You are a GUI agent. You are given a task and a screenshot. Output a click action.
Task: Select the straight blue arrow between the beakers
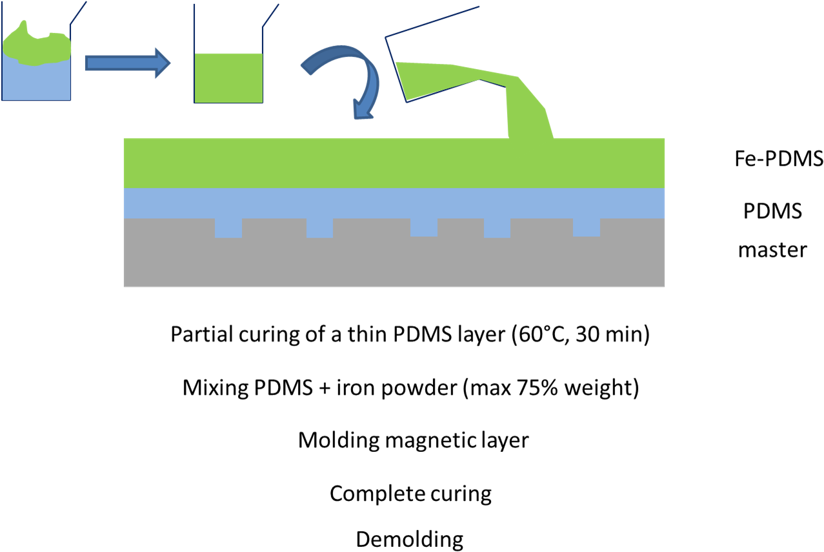point(123,63)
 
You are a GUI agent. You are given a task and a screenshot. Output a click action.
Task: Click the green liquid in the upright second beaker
point(228,77)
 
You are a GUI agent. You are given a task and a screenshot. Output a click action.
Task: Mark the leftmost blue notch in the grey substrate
point(228,228)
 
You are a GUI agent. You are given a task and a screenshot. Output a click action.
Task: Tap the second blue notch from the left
point(319,228)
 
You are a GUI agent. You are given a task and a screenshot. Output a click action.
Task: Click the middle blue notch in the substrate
point(424,227)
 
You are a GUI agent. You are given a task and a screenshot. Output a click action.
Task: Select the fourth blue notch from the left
point(497,228)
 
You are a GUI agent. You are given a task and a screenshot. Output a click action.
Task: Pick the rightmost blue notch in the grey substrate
point(586,227)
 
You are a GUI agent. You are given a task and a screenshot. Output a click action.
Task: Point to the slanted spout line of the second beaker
point(271,15)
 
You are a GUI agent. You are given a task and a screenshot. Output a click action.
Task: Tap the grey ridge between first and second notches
point(274,229)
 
